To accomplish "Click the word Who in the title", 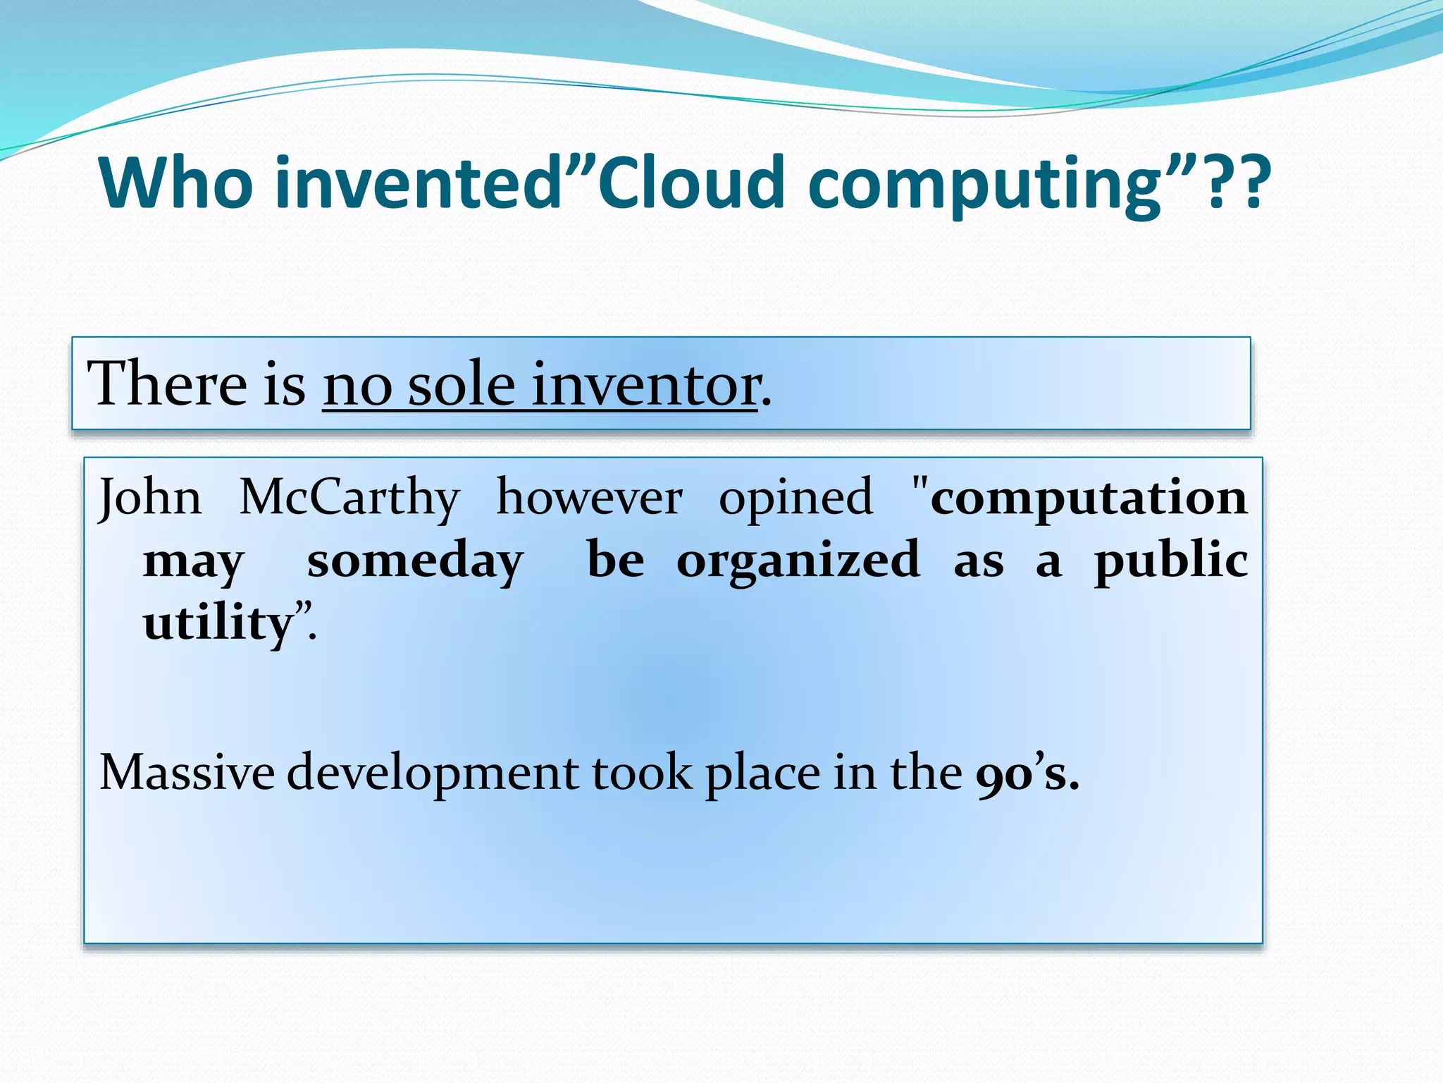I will pyautogui.click(x=176, y=183).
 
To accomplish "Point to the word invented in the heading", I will pyautogui.click(x=416, y=183).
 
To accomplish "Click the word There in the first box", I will pyautogui.click(x=166, y=384).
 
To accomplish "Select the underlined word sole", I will pyautogui.click(x=462, y=385).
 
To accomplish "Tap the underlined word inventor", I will pyautogui.click(x=645, y=385).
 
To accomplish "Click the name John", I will pyautogui.click(x=149, y=498).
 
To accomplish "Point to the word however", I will pyautogui.click(x=589, y=498).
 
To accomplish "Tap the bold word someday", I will pyautogui.click(x=415, y=561).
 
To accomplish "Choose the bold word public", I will pyautogui.click(x=1170, y=561).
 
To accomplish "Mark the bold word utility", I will pyautogui.click(x=218, y=623).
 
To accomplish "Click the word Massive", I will pyautogui.click(x=187, y=773).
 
